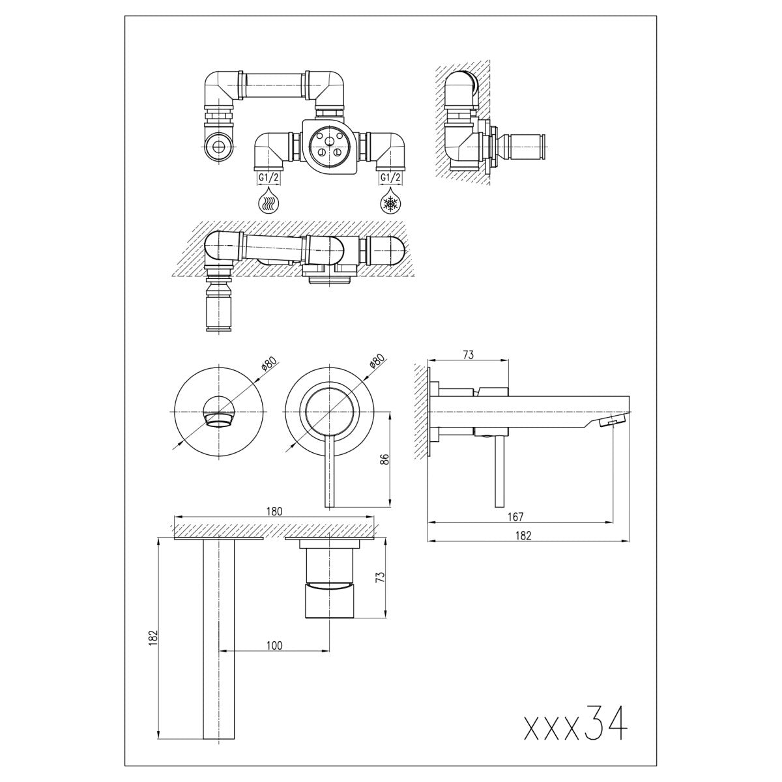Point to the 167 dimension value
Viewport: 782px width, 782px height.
click(x=515, y=517)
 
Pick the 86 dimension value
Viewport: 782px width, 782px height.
click(x=385, y=459)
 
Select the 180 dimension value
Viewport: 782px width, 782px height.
click(x=274, y=511)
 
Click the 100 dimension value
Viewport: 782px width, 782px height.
click(x=275, y=645)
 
